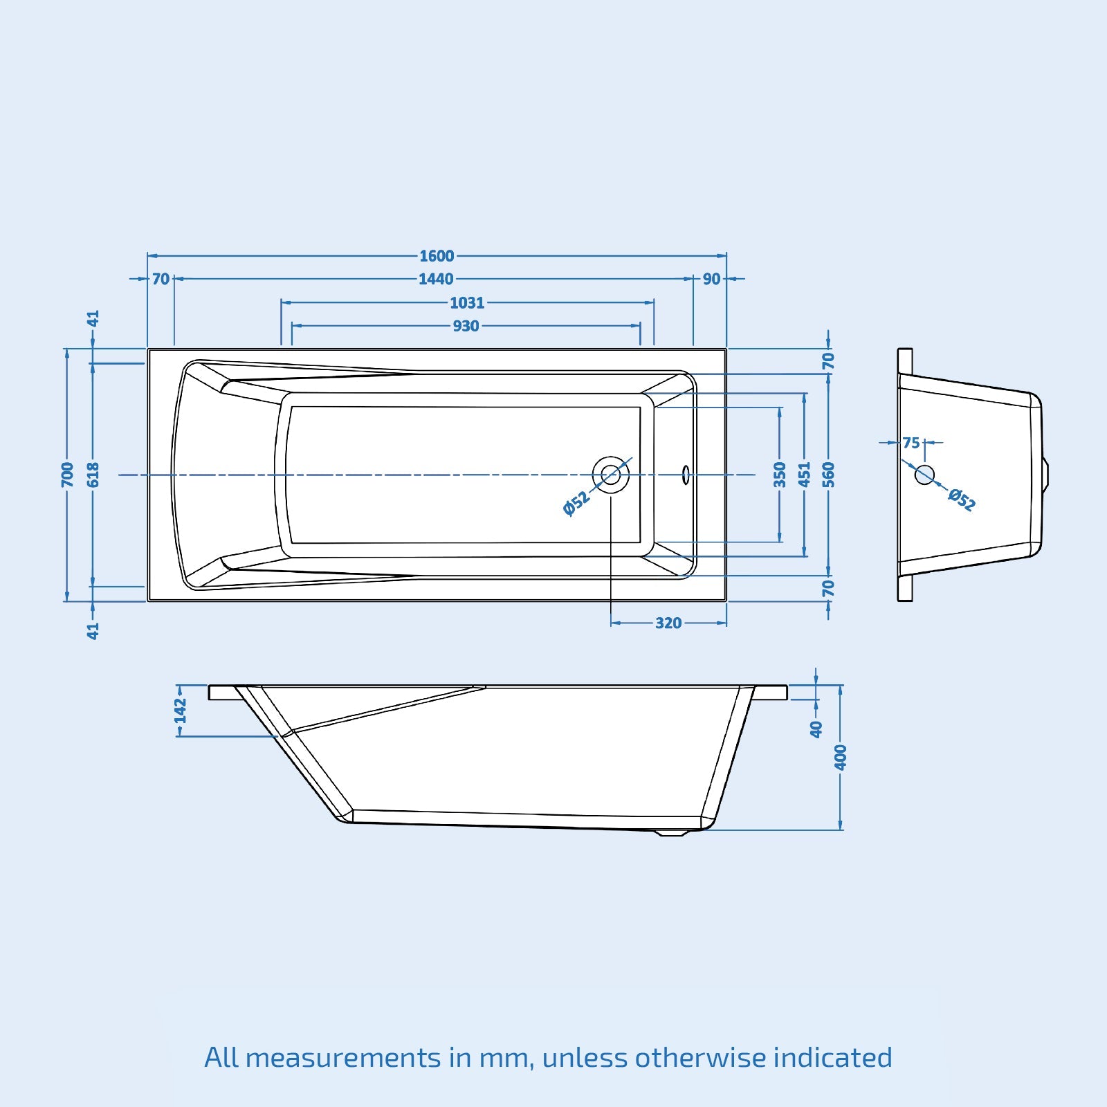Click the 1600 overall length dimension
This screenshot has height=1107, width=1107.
(437, 256)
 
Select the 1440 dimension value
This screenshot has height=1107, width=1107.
(436, 279)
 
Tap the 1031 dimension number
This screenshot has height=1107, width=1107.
(467, 302)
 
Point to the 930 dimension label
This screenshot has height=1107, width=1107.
(466, 326)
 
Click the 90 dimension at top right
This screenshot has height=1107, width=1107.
(711, 279)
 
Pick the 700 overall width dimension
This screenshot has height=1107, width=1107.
(67, 475)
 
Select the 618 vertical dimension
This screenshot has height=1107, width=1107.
(93, 475)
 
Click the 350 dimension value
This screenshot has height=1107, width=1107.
(780, 475)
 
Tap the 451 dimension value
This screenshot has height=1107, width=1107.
(804, 475)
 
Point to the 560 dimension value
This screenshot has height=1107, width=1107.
(829, 475)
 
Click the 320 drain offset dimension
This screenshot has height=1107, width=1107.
(668, 623)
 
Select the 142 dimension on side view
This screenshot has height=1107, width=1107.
(181, 711)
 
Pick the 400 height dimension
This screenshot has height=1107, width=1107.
(841, 757)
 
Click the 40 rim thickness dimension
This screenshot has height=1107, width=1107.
(816, 729)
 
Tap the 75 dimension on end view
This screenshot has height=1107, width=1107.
(911, 443)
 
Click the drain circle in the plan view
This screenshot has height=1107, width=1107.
(611, 475)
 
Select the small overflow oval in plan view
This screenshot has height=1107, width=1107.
(686, 475)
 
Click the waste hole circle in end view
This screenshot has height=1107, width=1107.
(925, 475)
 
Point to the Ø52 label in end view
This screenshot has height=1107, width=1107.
(962, 500)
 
